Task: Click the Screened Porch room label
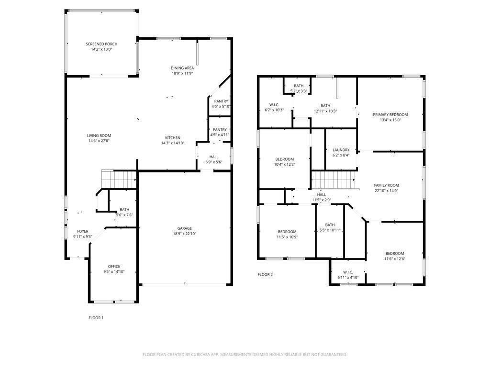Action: tap(101, 44)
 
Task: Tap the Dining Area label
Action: tap(182, 68)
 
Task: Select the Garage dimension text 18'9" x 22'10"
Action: tap(184, 234)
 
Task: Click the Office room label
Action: tap(114, 266)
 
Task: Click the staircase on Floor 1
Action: tap(119, 180)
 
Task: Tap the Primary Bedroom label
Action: tap(390, 115)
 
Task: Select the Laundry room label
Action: tap(341, 150)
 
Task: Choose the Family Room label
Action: tap(386, 185)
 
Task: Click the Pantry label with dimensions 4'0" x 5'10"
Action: tap(221, 101)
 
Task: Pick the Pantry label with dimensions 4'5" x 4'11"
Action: tap(220, 130)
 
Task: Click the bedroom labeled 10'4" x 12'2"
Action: tap(284, 159)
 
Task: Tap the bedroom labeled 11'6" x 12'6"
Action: tap(395, 253)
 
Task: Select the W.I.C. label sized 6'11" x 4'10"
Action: tap(348, 272)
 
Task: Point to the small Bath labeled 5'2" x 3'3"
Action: tap(299, 86)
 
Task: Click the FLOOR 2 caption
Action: tap(265, 274)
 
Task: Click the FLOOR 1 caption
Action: tap(96, 318)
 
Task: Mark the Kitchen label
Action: tap(172, 138)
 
